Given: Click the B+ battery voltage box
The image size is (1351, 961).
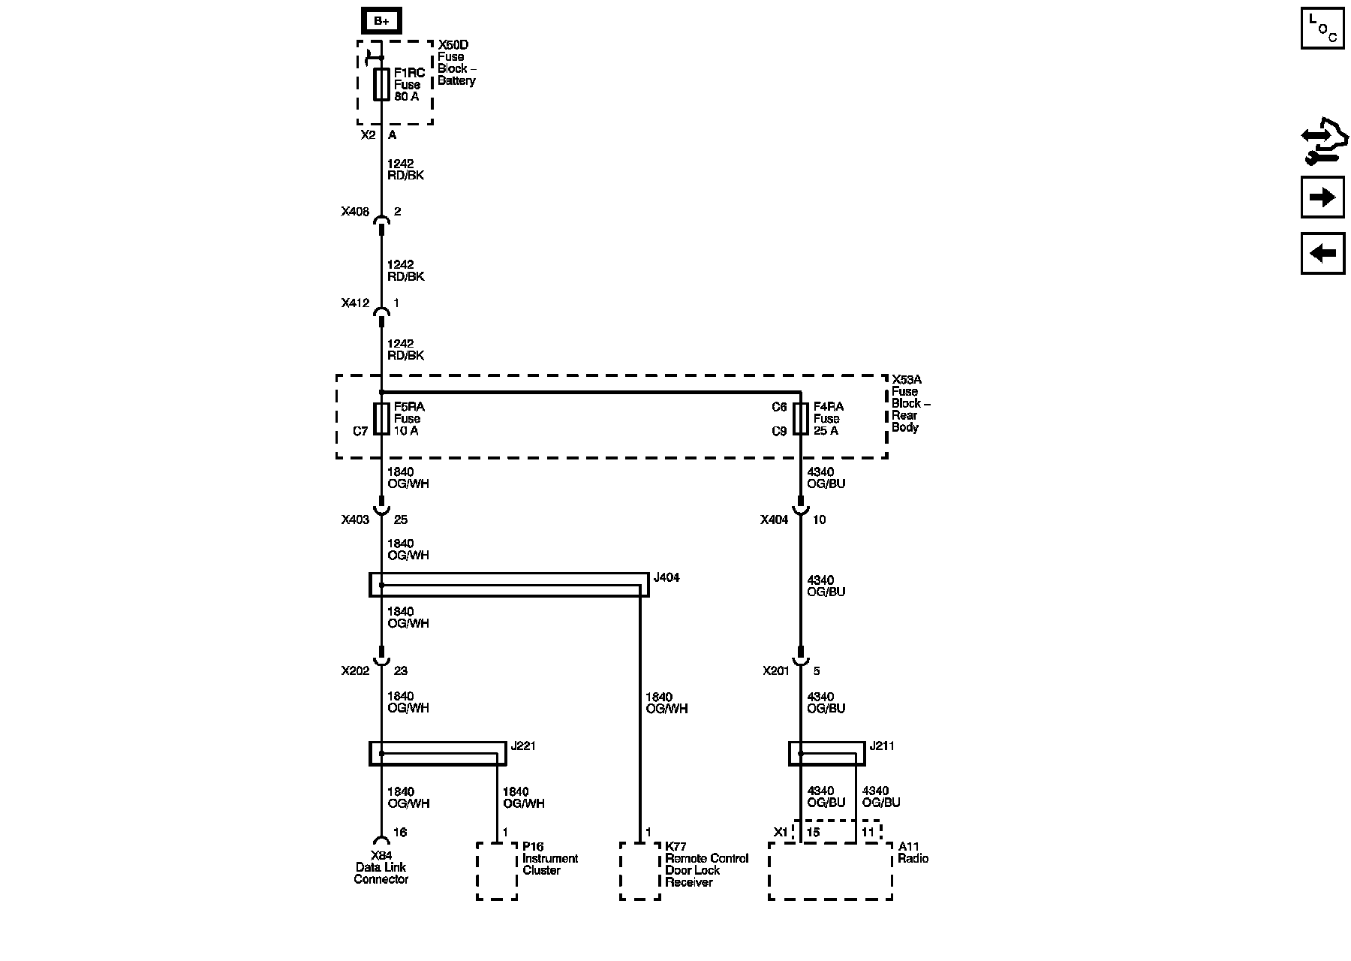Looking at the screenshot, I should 381,21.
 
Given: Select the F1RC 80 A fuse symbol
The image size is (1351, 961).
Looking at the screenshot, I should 381,84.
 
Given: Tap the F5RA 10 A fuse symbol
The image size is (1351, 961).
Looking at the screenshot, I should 381,418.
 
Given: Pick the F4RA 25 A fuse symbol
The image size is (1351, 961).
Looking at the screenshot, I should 801,418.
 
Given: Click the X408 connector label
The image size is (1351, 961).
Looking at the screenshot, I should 355,212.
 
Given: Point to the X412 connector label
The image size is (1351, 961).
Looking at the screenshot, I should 355,303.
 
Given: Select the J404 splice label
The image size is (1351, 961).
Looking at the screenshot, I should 666,578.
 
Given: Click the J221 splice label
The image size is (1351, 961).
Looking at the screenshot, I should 523,746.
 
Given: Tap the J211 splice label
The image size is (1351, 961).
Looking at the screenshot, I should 882,746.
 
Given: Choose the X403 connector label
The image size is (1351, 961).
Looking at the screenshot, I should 355,520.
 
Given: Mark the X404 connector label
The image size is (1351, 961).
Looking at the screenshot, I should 774,520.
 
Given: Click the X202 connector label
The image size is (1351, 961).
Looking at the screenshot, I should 355,670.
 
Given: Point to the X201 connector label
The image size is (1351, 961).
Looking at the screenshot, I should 776,670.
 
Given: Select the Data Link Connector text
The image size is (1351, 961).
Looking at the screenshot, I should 381,873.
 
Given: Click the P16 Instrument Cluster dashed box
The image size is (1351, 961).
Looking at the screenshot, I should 497,871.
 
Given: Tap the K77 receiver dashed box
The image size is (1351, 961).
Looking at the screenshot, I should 640,871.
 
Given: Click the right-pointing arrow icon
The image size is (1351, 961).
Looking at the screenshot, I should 1322,197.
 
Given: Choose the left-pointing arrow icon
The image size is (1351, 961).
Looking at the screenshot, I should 1322,253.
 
